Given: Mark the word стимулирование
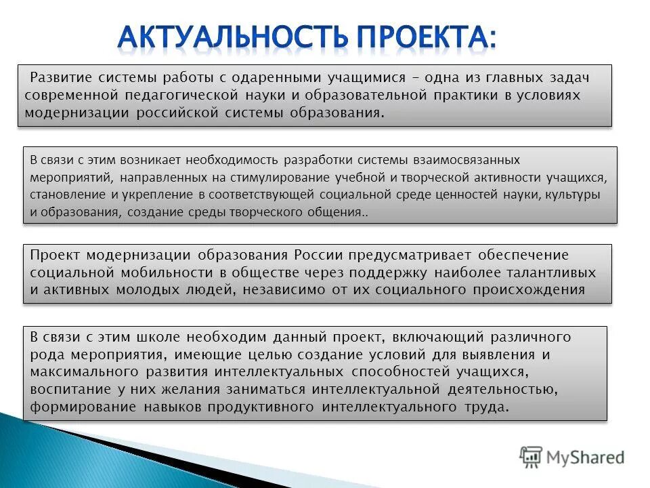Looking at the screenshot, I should (x=282, y=178).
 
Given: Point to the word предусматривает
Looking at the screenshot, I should (x=412, y=255).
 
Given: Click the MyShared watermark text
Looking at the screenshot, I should (x=586, y=457).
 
